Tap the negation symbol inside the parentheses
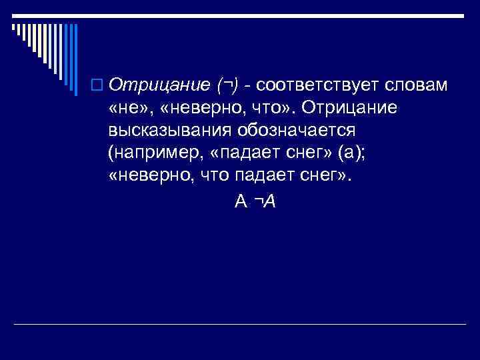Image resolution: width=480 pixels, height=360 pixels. point(229,87)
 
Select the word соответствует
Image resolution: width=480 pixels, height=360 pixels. point(321,85)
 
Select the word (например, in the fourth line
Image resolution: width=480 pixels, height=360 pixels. point(151,153)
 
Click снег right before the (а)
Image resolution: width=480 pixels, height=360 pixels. point(306,153)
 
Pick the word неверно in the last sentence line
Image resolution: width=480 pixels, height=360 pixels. point(147,176)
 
